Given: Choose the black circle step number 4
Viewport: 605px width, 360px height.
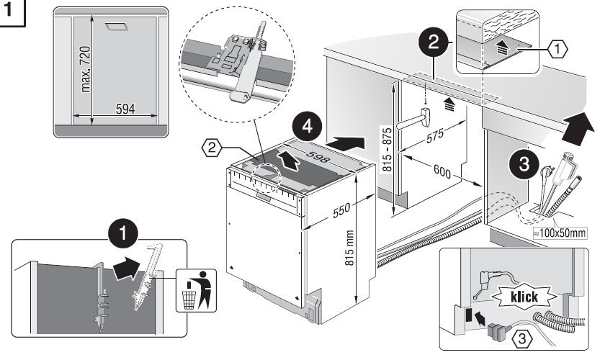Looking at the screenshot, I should click(307, 128).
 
